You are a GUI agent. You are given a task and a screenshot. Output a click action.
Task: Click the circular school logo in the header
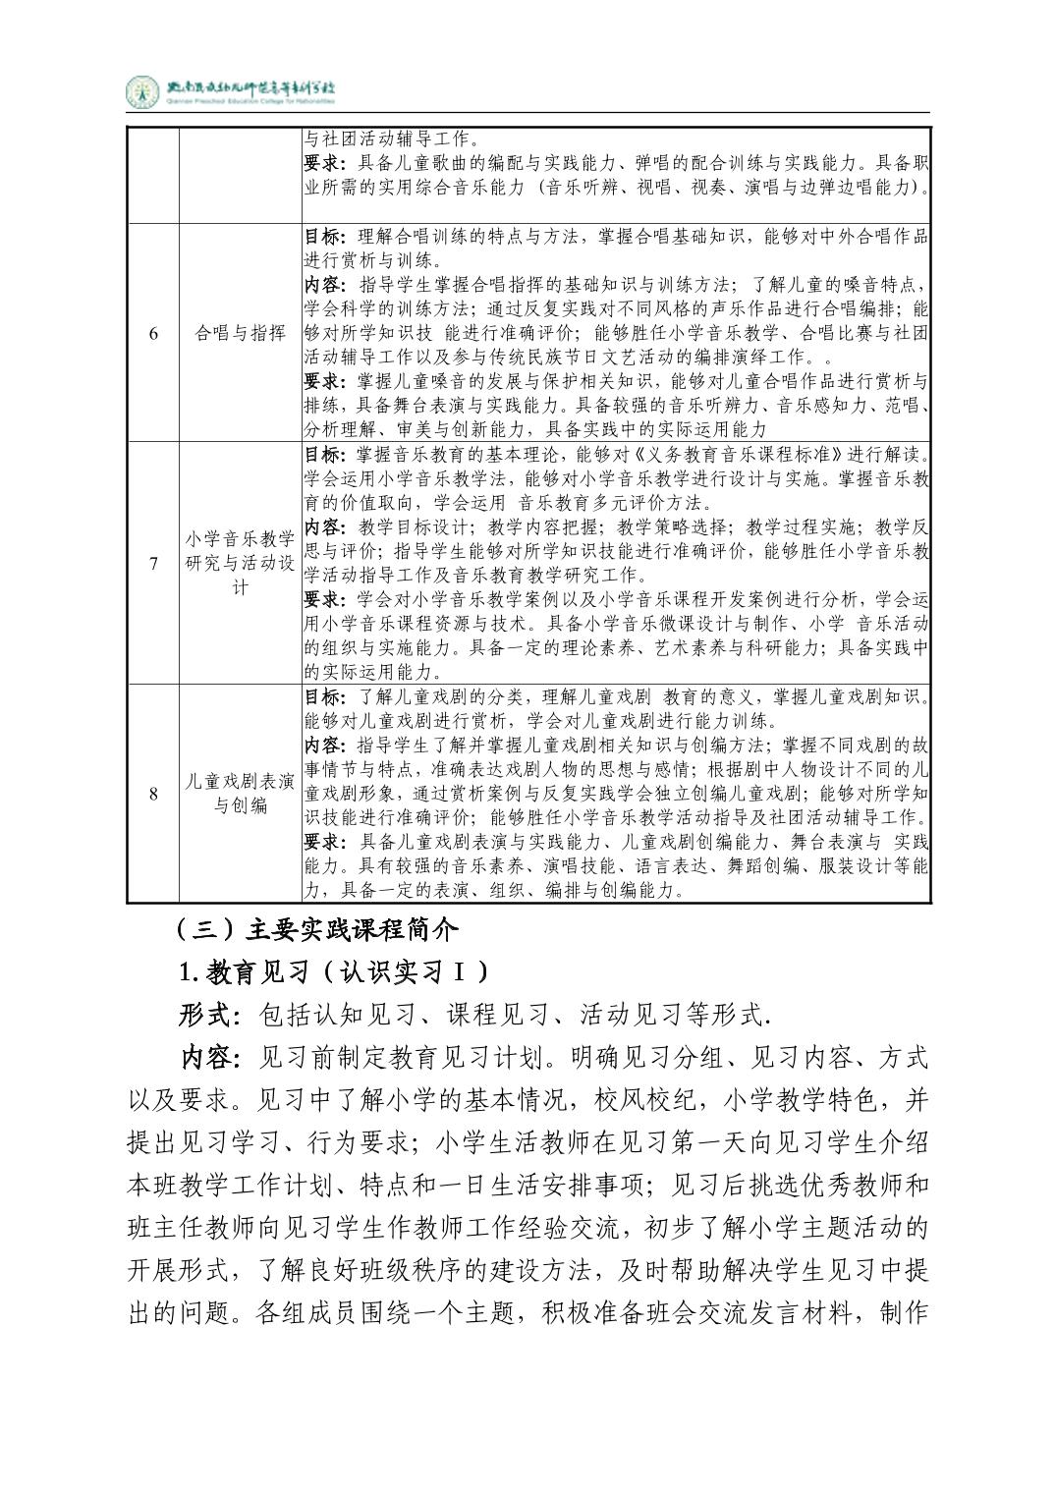pyautogui.click(x=142, y=92)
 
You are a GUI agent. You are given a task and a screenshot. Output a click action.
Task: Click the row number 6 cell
pyautogui.click(x=153, y=333)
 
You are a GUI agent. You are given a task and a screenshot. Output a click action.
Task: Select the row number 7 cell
pyautogui.click(x=153, y=563)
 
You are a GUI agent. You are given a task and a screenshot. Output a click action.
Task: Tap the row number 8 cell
pyautogui.click(x=153, y=794)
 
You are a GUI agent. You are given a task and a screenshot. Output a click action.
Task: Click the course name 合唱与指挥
pyautogui.click(x=241, y=333)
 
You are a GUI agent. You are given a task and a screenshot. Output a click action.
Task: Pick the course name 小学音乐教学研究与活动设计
pyautogui.click(x=241, y=563)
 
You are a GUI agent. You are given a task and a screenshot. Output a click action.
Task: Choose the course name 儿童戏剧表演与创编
pyautogui.click(x=241, y=794)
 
